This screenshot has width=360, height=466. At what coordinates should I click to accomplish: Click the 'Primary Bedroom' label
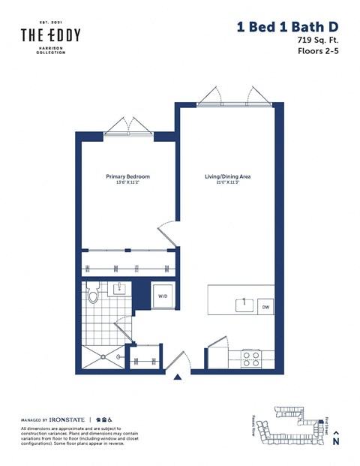tap(127, 176)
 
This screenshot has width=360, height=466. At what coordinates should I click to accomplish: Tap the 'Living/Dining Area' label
tap(227, 176)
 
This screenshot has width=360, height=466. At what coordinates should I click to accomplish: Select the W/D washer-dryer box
tap(162, 296)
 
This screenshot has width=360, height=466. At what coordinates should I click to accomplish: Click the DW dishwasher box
tap(265, 307)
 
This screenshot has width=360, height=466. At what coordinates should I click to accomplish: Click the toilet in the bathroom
tap(93, 293)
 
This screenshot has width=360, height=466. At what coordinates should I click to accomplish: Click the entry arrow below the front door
tap(177, 378)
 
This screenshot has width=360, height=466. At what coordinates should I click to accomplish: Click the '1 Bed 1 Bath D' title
tap(287, 27)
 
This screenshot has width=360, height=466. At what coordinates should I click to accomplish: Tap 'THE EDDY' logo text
tap(50, 35)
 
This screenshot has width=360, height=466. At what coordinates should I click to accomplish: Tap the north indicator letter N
tap(336, 442)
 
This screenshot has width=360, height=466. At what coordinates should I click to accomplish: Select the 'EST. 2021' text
tap(50, 23)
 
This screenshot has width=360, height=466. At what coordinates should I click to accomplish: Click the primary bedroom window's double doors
tap(127, 126)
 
